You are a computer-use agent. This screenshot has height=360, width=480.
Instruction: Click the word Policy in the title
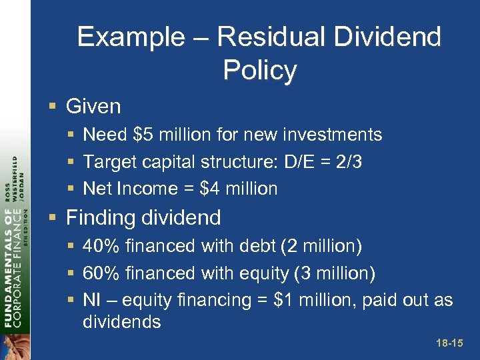260,70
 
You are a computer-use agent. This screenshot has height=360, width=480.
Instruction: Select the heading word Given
93,106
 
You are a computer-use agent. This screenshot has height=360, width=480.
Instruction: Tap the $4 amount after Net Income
211,189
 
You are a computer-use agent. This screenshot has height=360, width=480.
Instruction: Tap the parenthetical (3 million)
335,273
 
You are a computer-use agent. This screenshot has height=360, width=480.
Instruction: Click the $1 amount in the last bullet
285,300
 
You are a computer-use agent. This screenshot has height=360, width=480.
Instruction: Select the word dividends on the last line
121,322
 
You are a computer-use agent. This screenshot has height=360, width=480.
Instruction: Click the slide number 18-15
448,344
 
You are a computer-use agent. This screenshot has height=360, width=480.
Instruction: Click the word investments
333,135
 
